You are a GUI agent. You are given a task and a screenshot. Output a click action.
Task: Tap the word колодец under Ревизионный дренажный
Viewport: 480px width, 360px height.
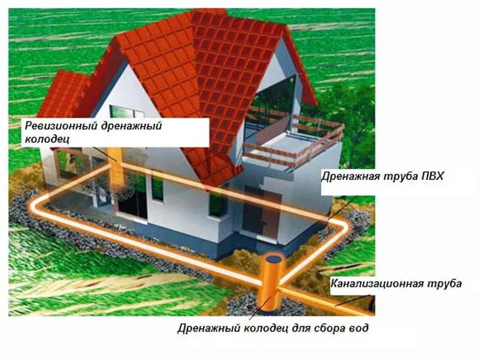pos(43,139)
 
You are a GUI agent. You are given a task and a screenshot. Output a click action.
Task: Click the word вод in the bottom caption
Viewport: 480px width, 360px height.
pos(359,328)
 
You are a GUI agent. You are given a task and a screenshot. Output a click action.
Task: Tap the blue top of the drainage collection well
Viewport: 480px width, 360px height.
pos(273,258)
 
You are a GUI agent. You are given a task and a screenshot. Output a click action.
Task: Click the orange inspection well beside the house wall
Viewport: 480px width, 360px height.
pos(114,169)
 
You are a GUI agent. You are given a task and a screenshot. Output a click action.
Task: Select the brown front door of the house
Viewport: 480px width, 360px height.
pos(255,211)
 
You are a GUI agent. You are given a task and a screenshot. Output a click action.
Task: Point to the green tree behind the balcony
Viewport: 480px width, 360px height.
pos(352,112)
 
